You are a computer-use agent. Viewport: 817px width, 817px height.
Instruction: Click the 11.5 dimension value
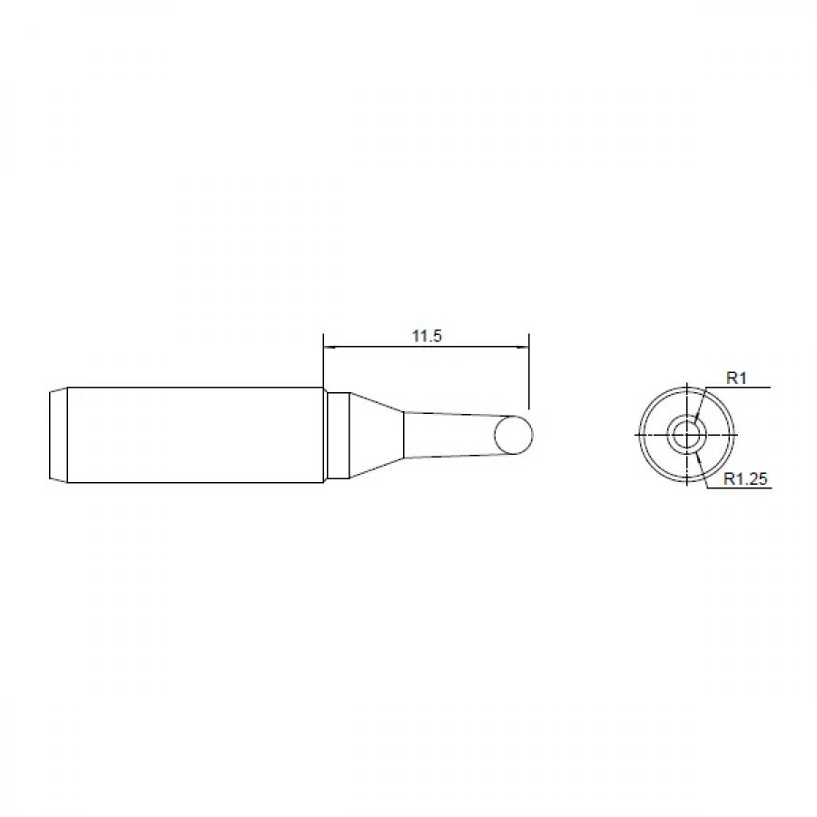click(x=427, y=336)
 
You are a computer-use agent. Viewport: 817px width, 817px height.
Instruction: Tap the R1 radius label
click(x=736, y=379)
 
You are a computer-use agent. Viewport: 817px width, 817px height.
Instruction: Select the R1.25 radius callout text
click(x=745, y=478)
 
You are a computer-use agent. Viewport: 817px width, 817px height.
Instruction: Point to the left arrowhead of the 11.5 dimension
click(x=330, y=347)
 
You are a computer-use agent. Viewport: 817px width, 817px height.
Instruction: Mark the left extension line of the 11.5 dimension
click(x=323, y=362)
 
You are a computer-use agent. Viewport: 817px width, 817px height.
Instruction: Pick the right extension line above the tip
click(x=528, y=371)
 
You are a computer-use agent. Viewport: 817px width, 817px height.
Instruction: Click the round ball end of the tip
click(x=513, y=435)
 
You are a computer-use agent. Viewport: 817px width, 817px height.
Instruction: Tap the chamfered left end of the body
click(x=58, y=435)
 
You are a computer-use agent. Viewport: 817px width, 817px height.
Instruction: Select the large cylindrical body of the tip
click(x=195, y=435)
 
